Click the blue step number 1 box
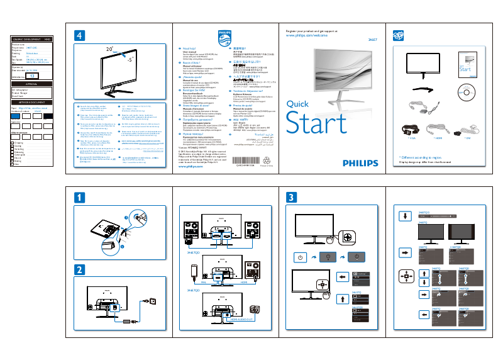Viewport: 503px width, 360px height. pos(79,197)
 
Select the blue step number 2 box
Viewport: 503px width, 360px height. pos(79,271)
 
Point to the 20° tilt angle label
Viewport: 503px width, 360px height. pos(109,48)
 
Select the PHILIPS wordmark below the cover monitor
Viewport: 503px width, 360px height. pos(361,162)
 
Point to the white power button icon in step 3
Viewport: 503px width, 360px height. pos(301,257)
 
